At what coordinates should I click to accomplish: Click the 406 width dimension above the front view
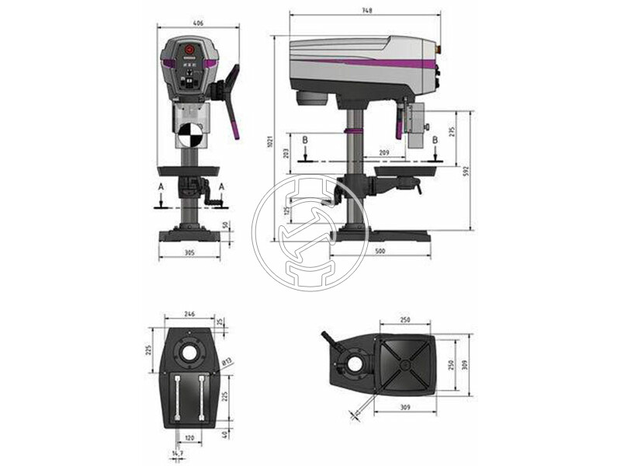click(x=198, y=24)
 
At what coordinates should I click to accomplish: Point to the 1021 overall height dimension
click(x=269, y=136)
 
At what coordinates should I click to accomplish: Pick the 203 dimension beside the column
click(x=287, y=153)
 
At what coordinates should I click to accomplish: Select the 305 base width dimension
click(x=189, y=252)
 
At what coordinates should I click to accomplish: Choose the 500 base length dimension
click(x=380, y=252)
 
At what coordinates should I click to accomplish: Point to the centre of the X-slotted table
click(x=404, y=366)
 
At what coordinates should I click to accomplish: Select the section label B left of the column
click(x=306, y=141)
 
